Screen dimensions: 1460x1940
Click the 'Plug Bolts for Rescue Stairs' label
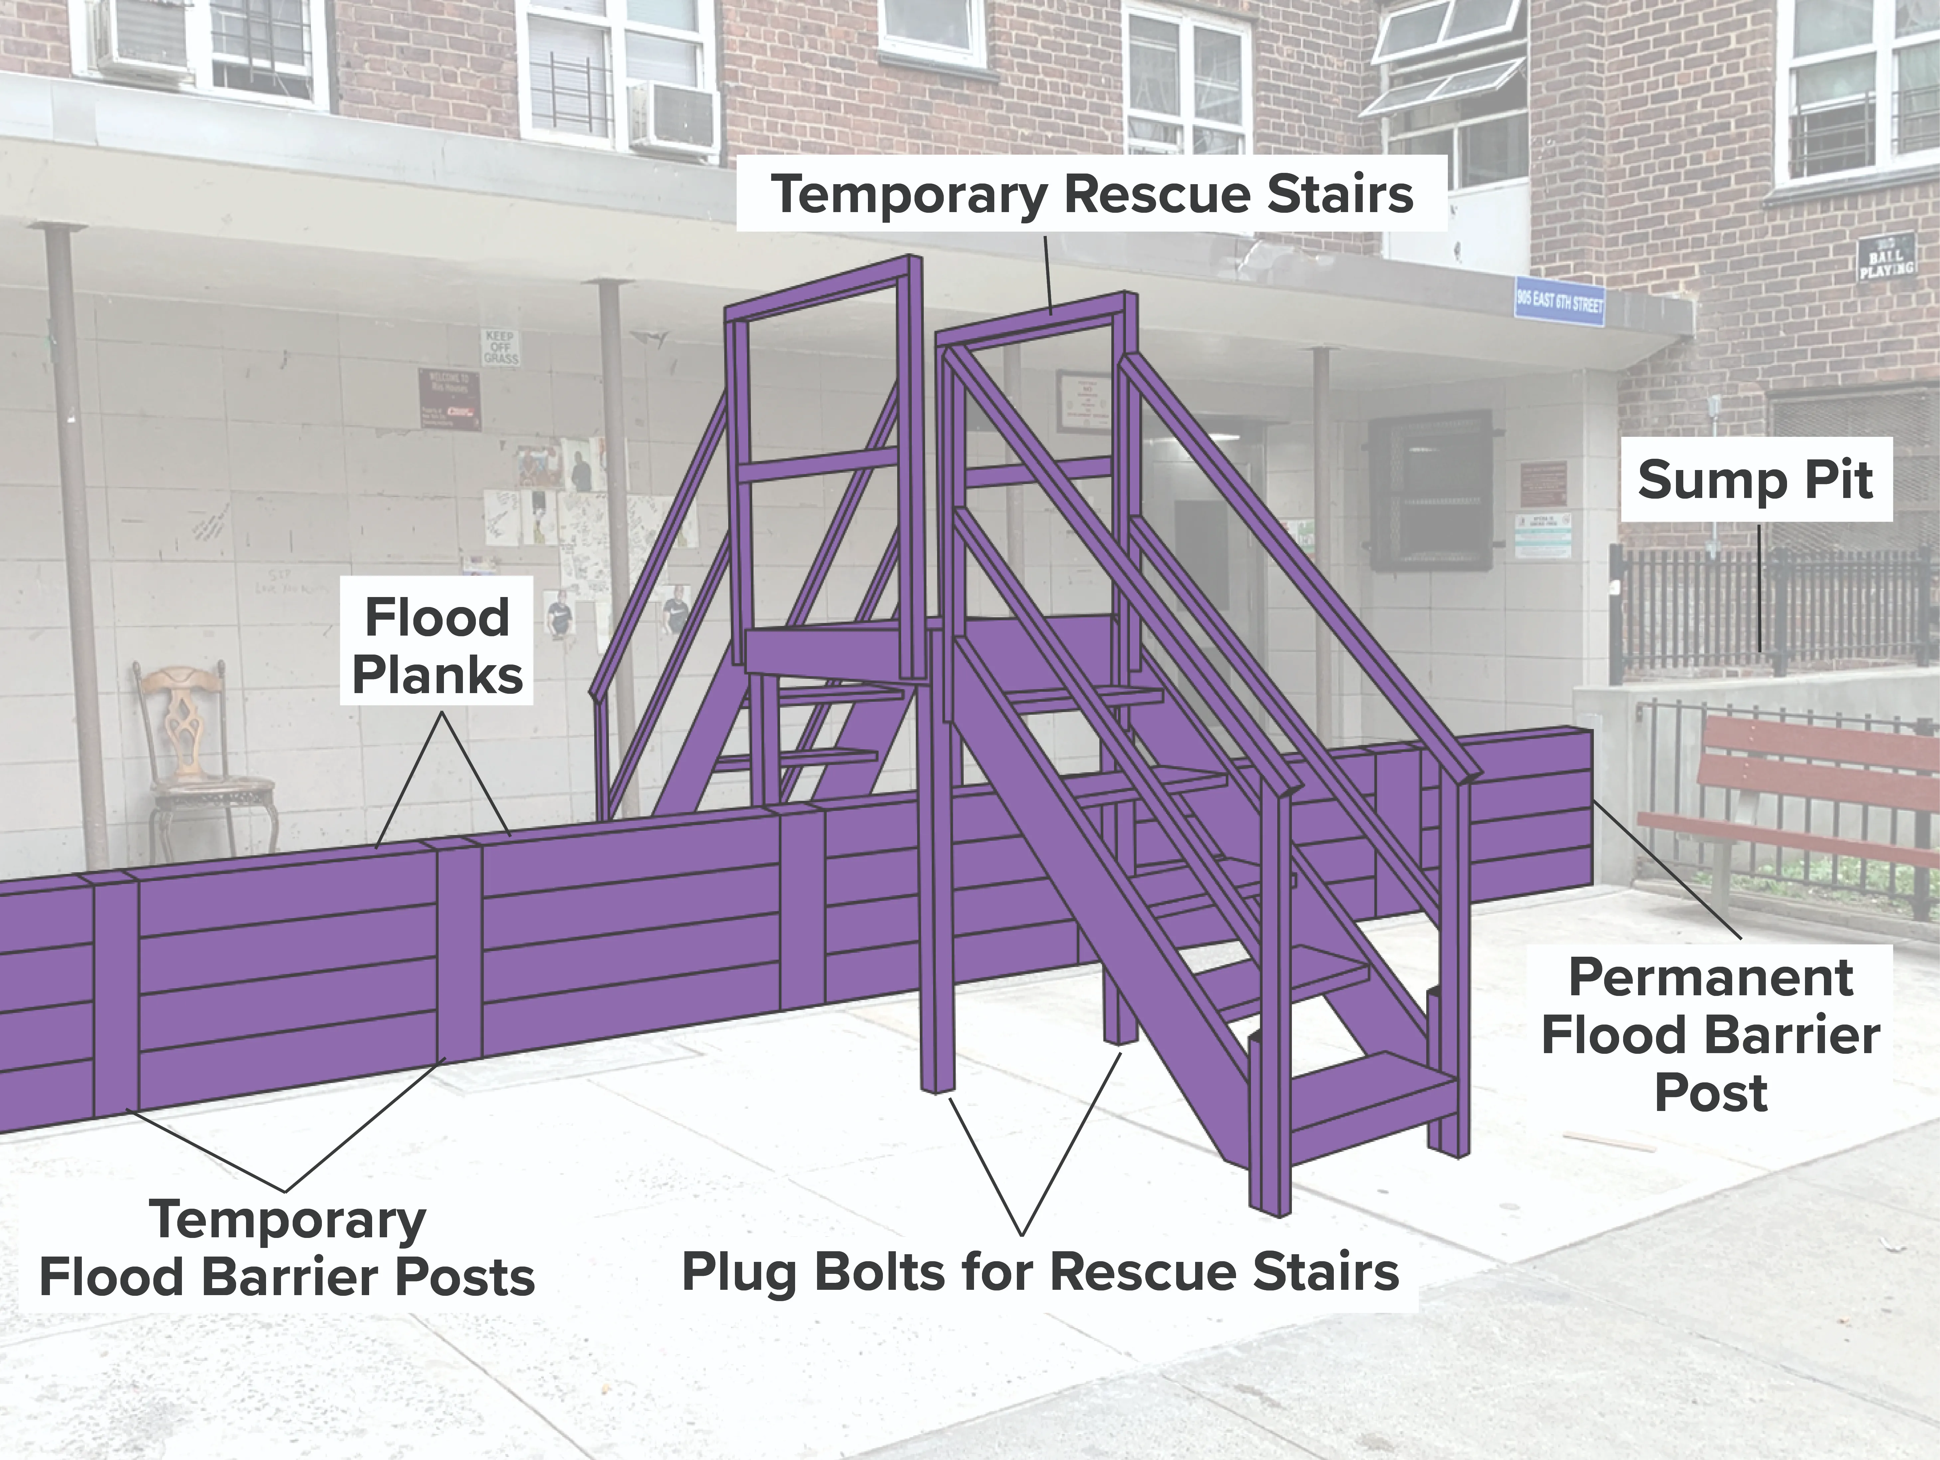pyautogui.click(x=1040, y=1272)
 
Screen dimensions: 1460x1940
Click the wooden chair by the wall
pyautogui.click(x=197, y=754)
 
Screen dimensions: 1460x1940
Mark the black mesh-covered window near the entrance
pyautogui.click(x=1430, y=491)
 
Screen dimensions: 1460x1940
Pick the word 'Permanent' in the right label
pyautogui.click(x=1710, y=978)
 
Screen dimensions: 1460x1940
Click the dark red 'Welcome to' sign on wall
pyautogui.click(x=450, y=399)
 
